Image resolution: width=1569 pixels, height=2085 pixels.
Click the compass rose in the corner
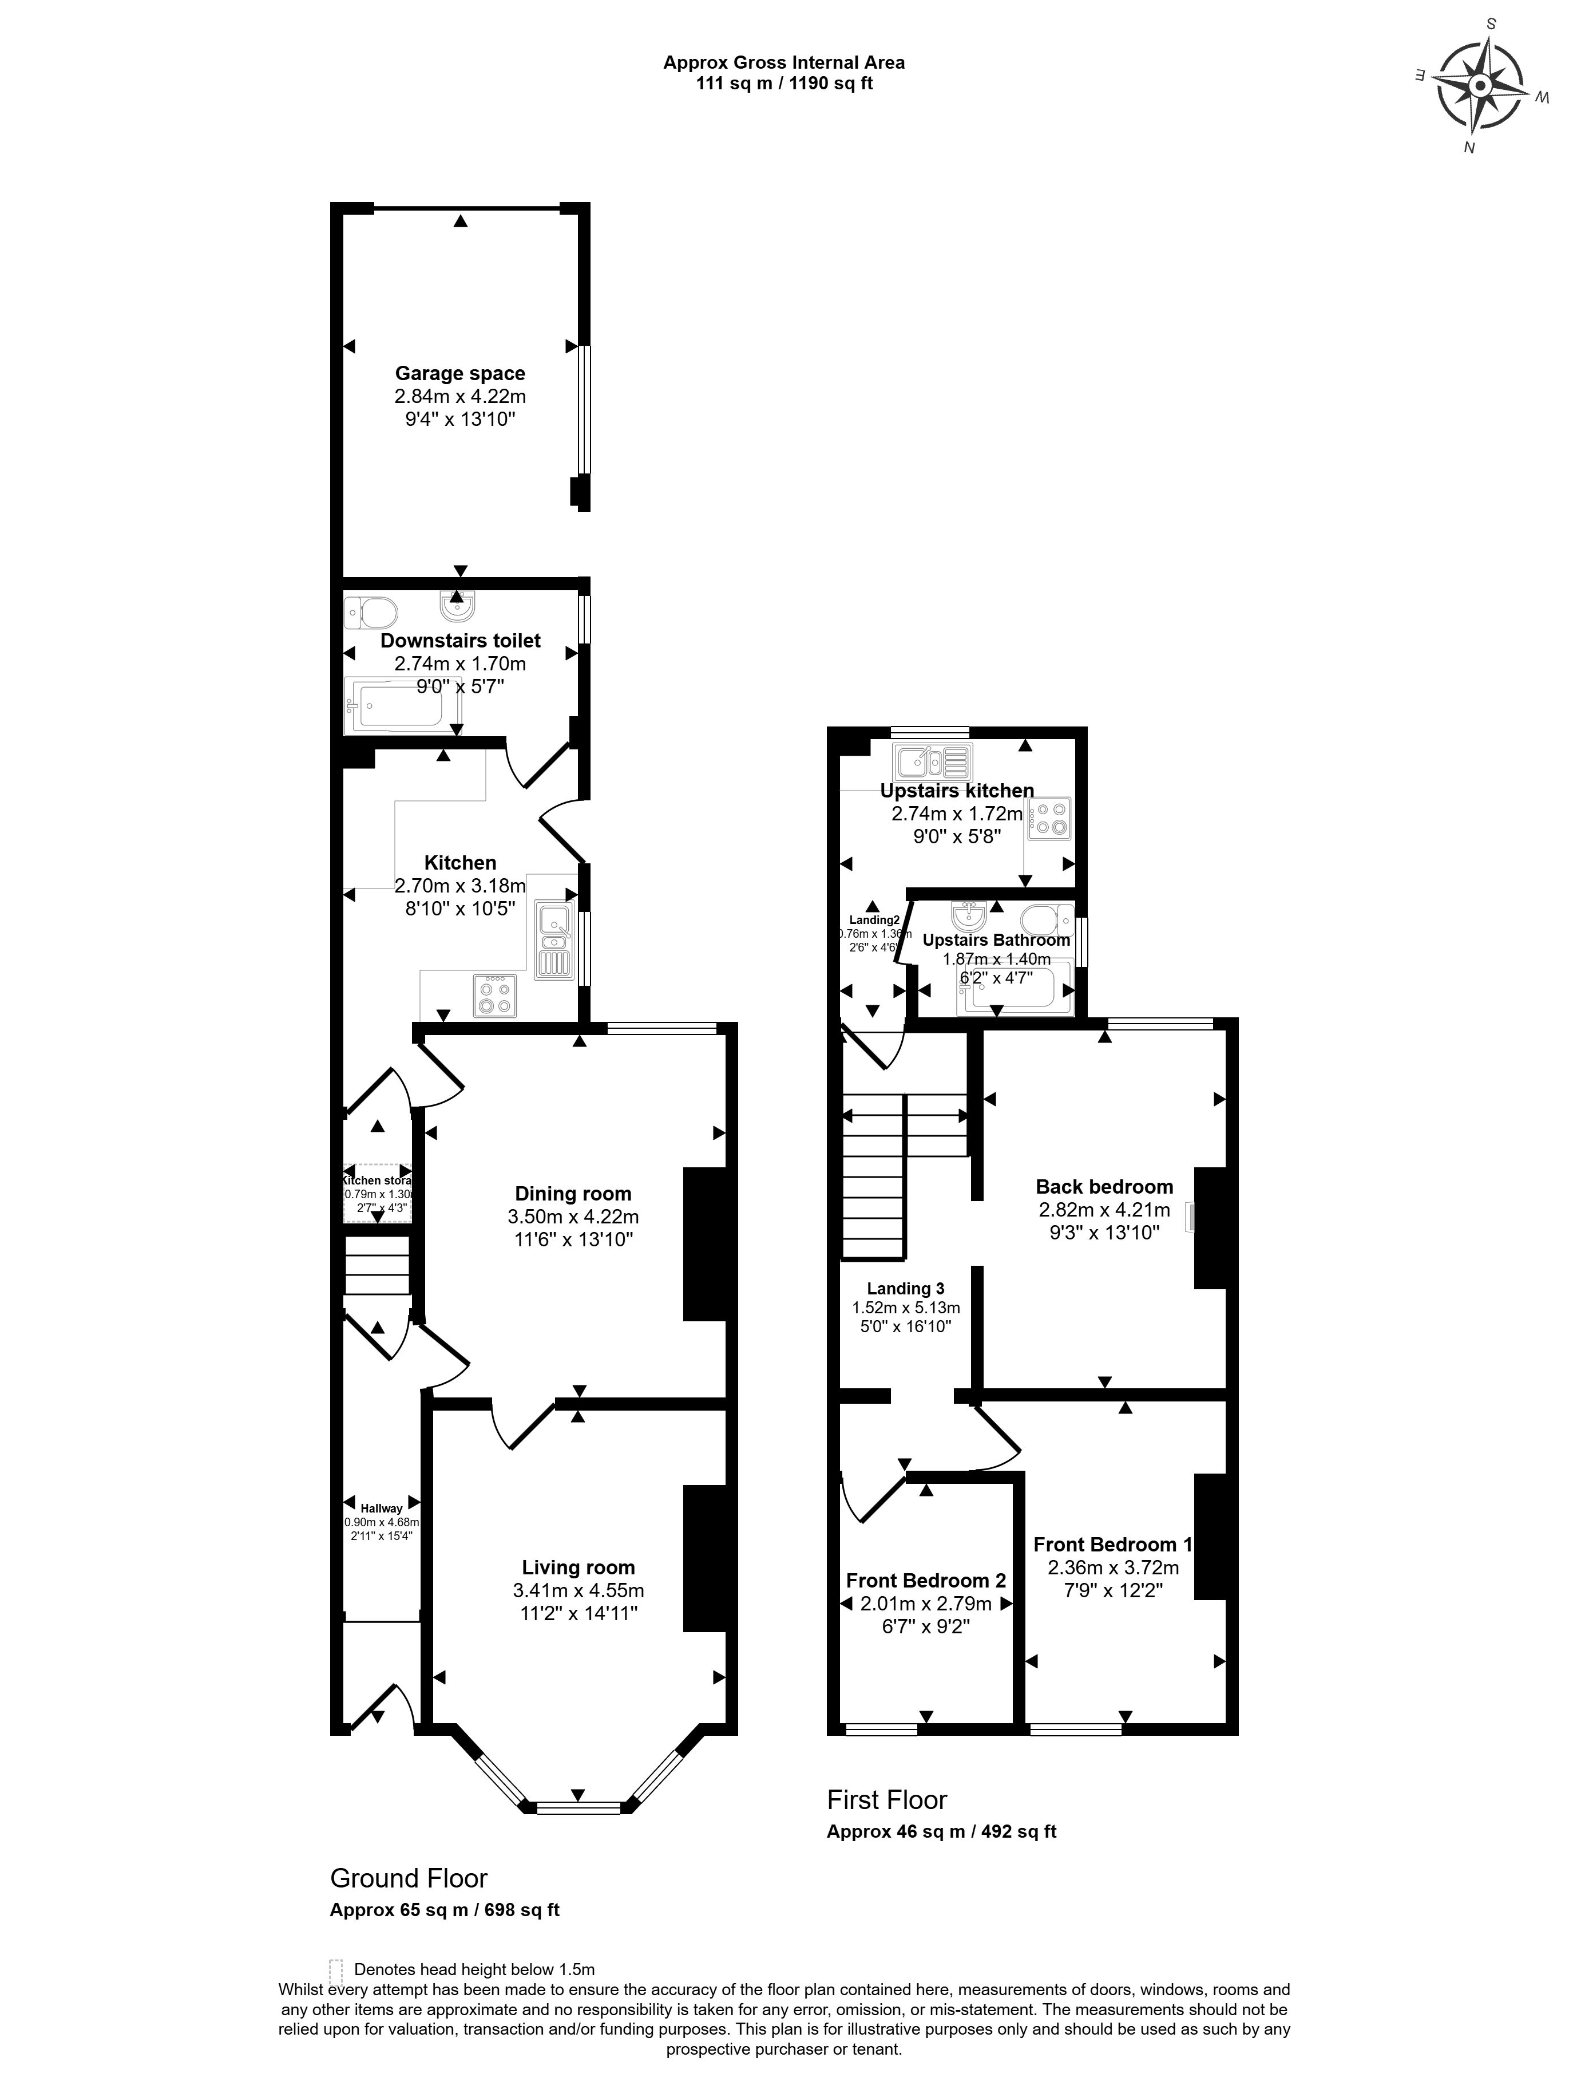1479,86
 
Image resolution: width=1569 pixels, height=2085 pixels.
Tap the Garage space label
460,373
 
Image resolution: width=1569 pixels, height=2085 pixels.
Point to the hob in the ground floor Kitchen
496,996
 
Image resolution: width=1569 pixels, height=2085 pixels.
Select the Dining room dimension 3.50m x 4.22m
573,1217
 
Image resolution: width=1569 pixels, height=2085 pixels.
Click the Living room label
578,1567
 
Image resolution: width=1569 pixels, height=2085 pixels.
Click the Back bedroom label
1104,1187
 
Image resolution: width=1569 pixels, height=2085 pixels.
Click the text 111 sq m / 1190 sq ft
784,84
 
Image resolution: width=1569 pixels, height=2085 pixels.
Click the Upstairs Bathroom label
996,940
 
